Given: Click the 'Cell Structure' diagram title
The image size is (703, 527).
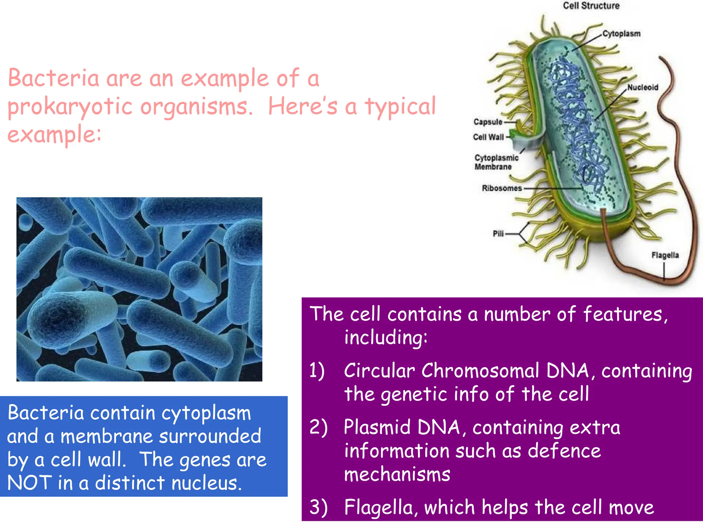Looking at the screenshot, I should [591, 6].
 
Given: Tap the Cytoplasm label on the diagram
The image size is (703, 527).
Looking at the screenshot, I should [621, 34].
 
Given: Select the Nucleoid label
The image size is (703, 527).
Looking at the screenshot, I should [643, 87].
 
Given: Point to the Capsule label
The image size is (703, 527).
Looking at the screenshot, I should [487, 122].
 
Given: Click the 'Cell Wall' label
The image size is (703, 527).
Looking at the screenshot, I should [488, 137].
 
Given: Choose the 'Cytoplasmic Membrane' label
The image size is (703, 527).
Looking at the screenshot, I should [496, 162].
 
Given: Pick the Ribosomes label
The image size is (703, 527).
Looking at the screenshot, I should [502, 188].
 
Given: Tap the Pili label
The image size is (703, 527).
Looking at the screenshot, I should [498, 234].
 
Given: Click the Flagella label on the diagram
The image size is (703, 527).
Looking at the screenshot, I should [665, 255].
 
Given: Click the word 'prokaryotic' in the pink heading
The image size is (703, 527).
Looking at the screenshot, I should [70, 106].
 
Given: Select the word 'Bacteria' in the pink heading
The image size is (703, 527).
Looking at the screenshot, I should [53, 78].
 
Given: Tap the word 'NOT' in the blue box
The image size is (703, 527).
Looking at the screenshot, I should [30, 483].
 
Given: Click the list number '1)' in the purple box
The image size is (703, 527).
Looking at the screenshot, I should [316, 371].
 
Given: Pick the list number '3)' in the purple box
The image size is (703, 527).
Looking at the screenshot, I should [318, 508].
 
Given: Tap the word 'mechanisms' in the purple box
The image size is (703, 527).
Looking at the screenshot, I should [397, 475].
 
